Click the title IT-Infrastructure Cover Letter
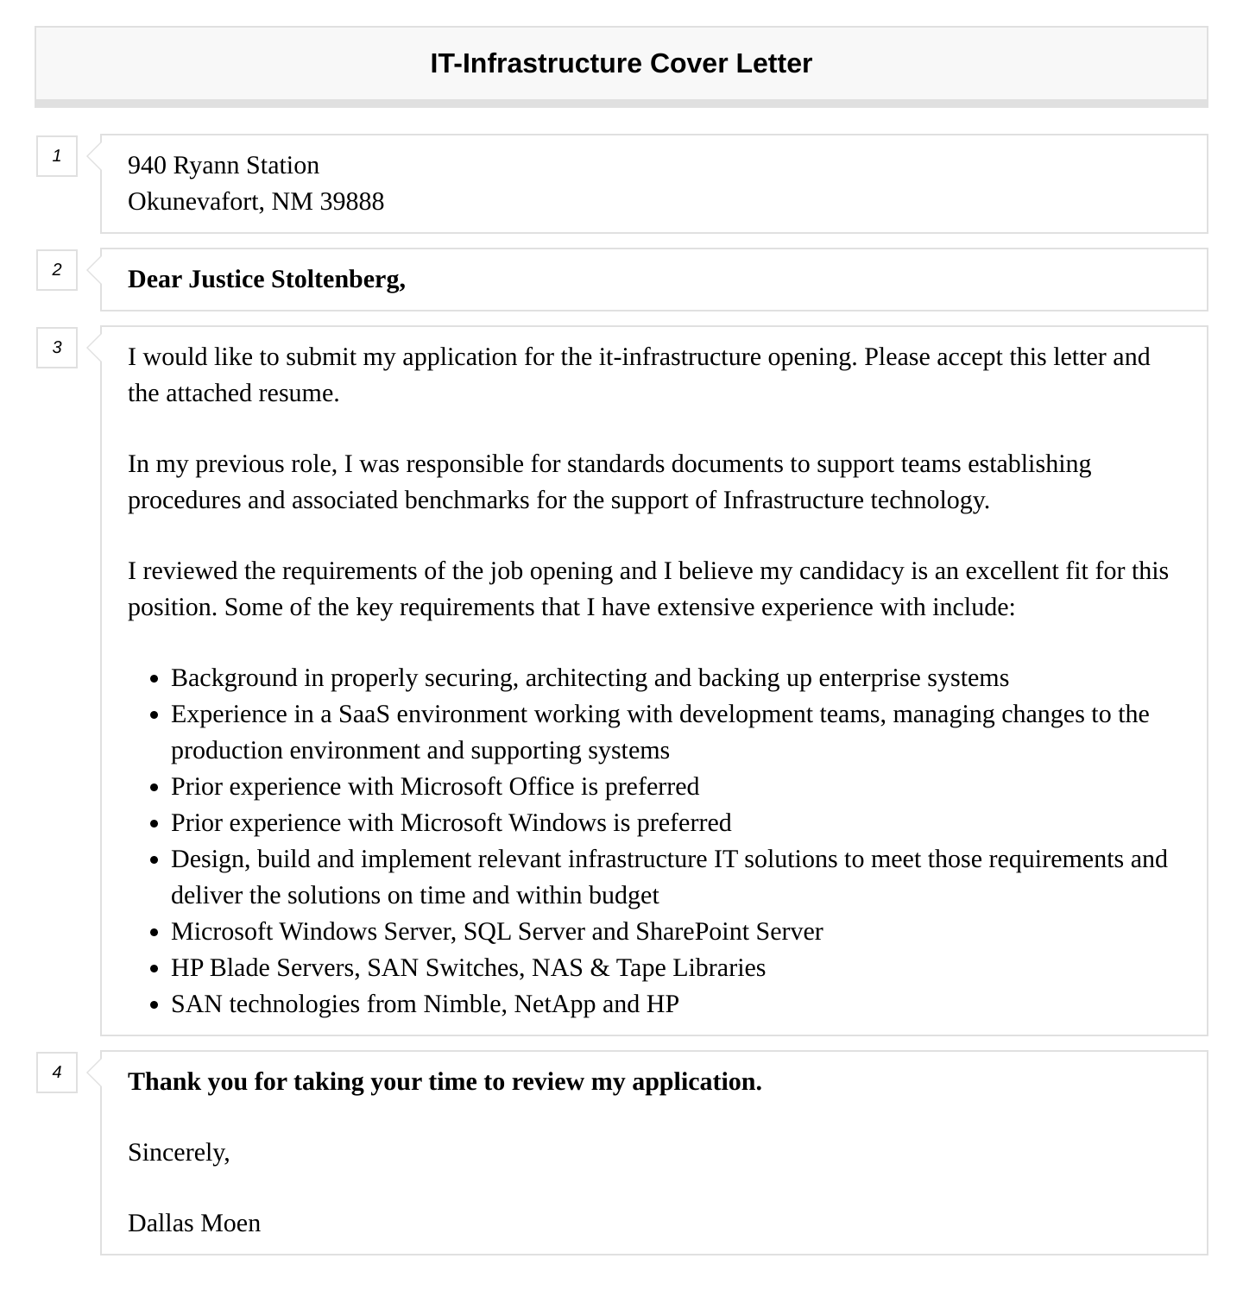(621, 64)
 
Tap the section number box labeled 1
(57, 156)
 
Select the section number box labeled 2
(57, 270)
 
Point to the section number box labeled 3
(57, 348)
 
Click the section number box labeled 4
(57, 1073)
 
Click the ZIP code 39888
(351, 202)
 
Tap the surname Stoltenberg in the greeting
(338, 280)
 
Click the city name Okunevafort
(196, 202)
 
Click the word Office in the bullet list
(541, 787)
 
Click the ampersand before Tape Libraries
(599, 968)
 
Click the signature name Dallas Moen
(194, 1224)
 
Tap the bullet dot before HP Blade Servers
(154, 969)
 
